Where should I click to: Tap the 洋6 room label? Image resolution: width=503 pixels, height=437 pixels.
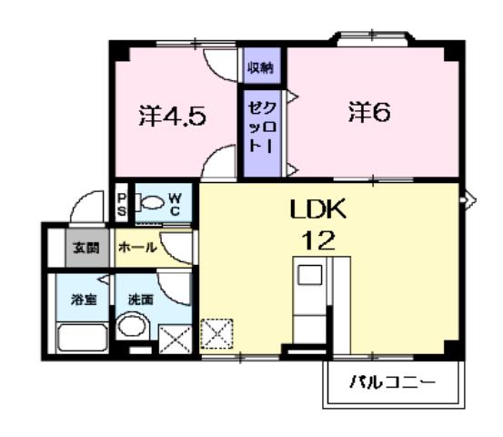point(368,112)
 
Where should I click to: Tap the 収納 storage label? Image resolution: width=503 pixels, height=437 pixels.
point(261,68)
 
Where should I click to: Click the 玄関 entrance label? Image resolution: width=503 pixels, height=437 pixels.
point(87,248)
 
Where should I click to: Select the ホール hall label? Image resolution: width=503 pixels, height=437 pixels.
point(138,248)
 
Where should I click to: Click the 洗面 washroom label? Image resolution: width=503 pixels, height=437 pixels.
point(140,300)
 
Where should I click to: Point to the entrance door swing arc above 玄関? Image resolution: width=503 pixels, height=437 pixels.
point(87,208)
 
